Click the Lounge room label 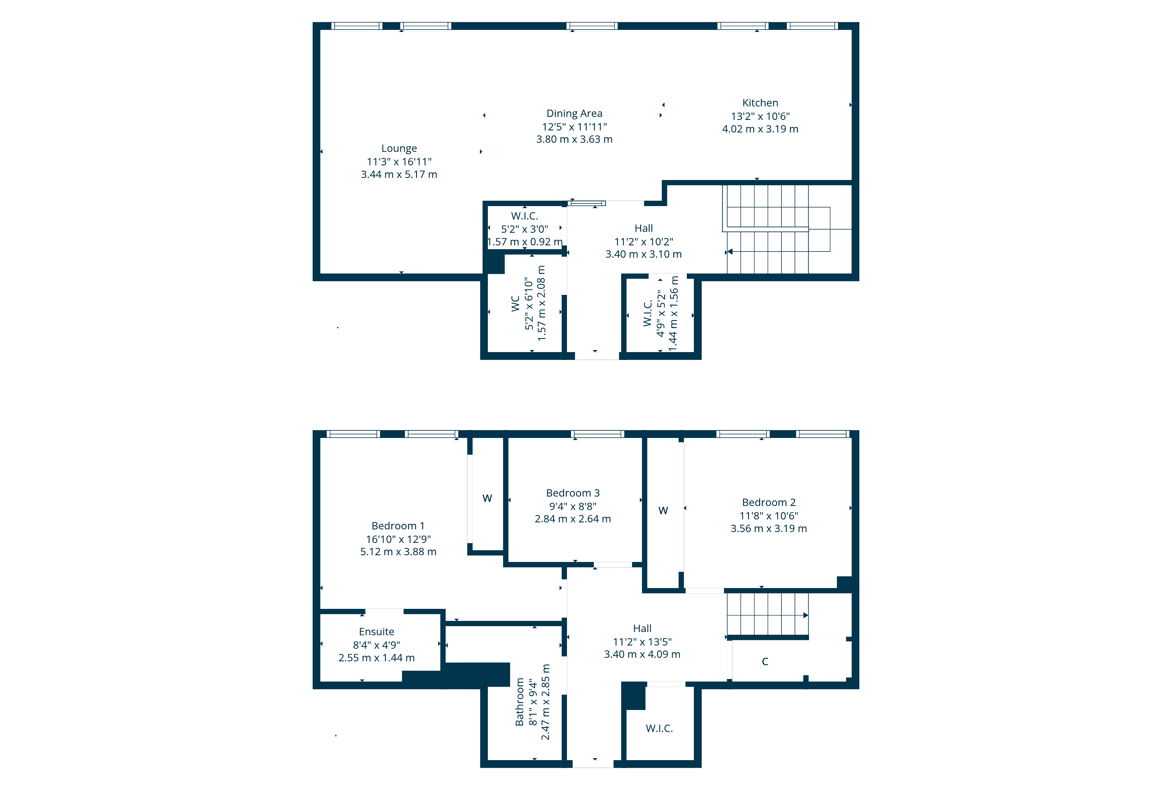(399, 148)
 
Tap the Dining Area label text (574, 113)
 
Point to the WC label (515, 304)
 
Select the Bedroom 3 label (573, 493)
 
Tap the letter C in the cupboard (764, 662)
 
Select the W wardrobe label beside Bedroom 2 (663, 510)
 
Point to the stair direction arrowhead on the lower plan (805, 615)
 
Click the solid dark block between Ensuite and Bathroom (477, 675)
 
